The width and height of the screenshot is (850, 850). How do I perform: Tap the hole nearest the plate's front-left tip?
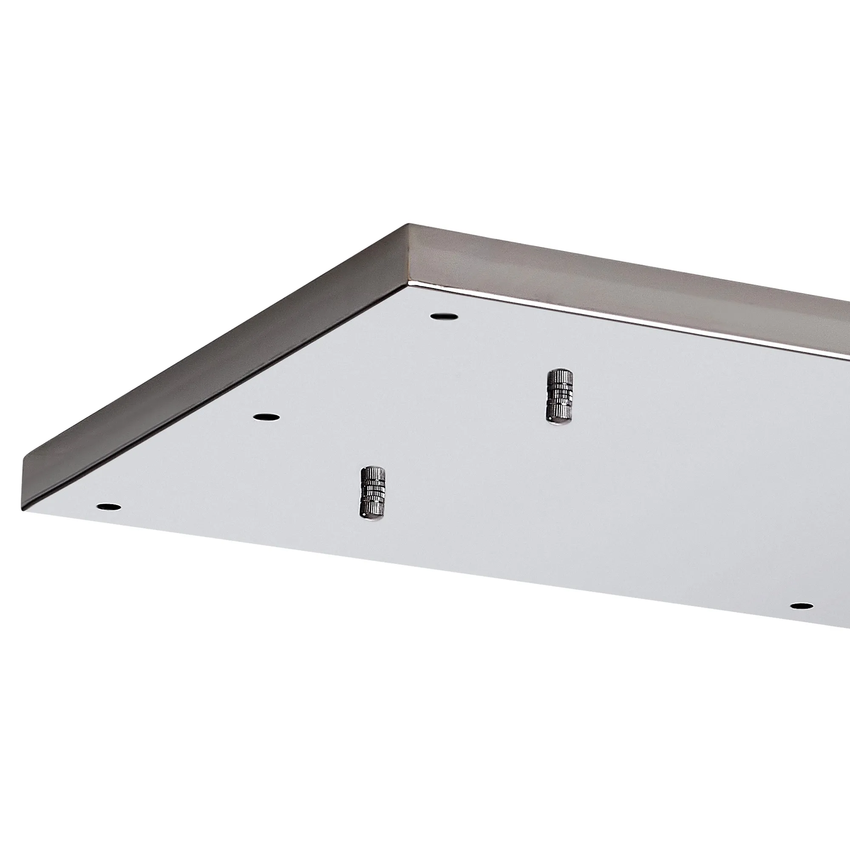(109, 507)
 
